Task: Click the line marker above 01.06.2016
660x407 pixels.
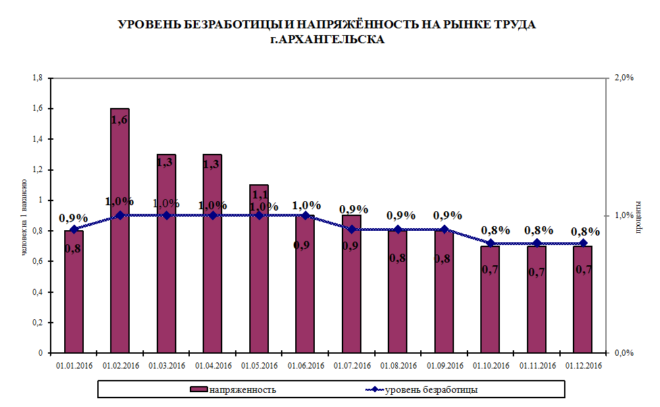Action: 305,215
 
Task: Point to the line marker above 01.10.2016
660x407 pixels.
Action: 490,243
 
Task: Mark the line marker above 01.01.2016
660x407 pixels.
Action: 74,229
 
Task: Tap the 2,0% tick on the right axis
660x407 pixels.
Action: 624,78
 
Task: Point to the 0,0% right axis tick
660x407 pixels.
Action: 624,353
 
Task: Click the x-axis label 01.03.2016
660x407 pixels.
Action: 166,366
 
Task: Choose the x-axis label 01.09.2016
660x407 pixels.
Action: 444,366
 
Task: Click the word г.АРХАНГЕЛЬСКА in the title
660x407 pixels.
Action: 327,40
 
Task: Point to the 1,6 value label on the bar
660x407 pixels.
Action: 120,119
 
